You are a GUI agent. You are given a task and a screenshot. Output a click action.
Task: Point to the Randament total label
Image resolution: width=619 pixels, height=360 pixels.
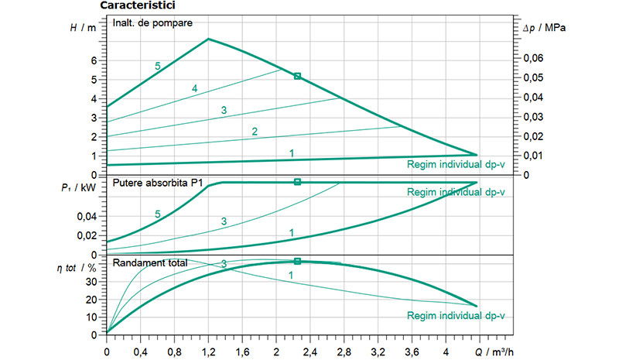[x=150, y=263]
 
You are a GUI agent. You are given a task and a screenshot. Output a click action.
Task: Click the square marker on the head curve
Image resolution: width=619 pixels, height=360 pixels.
[x=297, y=76]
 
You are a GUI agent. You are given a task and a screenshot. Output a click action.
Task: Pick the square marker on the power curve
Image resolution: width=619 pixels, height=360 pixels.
[x=297, y=182]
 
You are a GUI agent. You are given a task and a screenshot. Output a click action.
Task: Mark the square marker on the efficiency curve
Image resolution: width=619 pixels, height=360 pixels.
[x=297, y=262]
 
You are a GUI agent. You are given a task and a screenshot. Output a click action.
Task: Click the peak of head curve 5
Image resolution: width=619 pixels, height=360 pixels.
[x=208, y=39]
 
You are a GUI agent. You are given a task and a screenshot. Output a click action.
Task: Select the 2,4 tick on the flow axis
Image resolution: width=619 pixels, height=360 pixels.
[x=309, y=349]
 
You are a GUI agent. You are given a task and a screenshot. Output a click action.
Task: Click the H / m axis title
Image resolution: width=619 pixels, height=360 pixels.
[x=84, y=27]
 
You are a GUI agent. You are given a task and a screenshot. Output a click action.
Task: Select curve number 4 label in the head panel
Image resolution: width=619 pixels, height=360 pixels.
[x=195, y=90]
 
